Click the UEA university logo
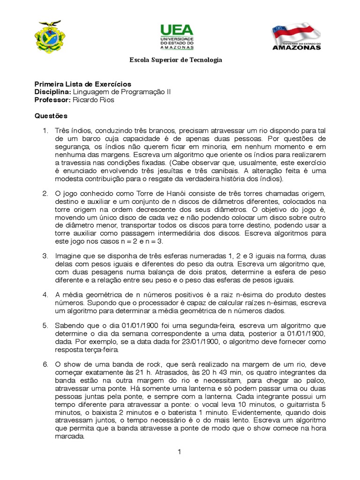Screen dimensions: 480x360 [x=177, y=37]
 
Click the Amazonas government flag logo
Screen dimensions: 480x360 [x=296, y=36]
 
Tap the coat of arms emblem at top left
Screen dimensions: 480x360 [x=48, y=37]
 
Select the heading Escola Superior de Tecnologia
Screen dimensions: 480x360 [x=176, y=60]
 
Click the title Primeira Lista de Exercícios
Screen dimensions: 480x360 [x=83, y=84]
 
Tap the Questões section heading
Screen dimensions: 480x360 [x=51, y=115]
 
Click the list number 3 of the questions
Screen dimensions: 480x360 [x=45, y=256]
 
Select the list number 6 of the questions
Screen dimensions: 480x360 [x=45, y=364]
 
